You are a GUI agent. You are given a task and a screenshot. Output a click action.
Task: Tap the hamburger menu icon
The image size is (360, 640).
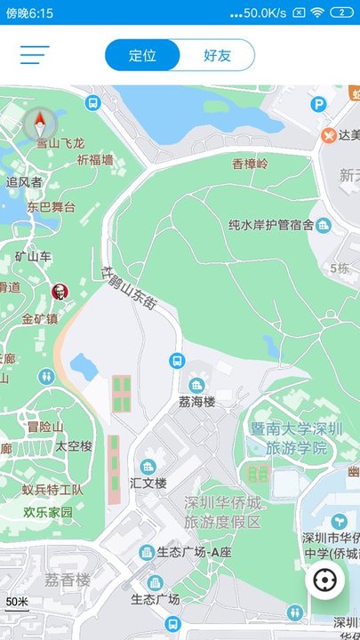(35, 55)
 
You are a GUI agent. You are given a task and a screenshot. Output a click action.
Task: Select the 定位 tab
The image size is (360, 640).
(142, 55)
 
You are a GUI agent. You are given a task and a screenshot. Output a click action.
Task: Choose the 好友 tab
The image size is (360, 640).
(217, 55)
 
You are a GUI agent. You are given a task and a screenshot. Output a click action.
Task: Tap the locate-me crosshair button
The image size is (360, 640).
(326, 581)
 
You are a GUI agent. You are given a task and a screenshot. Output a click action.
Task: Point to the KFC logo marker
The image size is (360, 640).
(59, 292)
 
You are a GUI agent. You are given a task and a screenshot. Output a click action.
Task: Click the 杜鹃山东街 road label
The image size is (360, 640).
(130, 290)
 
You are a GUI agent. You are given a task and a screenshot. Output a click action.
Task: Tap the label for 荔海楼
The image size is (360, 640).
(197, 402)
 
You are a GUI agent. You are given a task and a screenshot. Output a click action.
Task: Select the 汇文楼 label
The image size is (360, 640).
(148, 483)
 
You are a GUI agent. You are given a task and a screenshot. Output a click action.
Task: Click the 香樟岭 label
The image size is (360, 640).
(250, 164)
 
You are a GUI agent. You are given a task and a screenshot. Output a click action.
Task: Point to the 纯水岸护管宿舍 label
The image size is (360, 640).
(271, 225)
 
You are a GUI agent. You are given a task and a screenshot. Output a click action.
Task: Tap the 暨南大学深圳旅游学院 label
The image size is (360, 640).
(296, 438)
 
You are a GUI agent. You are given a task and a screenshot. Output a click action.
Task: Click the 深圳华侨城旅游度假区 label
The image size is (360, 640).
(223, 512)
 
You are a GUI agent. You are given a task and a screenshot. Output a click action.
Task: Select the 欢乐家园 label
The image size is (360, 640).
(48, 513)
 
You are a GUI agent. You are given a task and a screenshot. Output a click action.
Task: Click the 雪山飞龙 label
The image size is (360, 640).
(60, 142)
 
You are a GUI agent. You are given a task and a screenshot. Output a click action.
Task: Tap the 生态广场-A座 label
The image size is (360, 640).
(194, 553)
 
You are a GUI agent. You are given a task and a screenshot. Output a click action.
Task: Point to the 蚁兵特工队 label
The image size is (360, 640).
(53, 490)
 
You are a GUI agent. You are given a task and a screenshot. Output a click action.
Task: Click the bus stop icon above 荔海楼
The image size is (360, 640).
(177, 361)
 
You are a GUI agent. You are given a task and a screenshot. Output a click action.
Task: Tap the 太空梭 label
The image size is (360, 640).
(74, 445)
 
